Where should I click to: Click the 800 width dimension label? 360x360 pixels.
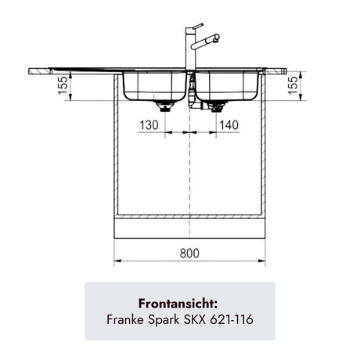pyautogui.click(x=189, y=253)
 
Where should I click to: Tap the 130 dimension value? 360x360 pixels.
pyautogui.click(x=149, y=125)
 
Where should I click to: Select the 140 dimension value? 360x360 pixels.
pyautogui.click(x=229, y=125)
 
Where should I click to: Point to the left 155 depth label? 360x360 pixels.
pyautogui.click(x=63, y=85)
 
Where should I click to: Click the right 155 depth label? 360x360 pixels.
pyautogui.click(x=293, y=85)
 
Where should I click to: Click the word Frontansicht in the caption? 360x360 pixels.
pyautogui.click(x=178, y=304)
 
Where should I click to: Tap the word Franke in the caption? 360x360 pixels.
pyautogui.click(x=125, y=319)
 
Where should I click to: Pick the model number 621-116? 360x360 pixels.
pyautogui.click(x=232, y=319)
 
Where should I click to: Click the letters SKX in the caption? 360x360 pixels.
pyautogui.click(x=195, y=319)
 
